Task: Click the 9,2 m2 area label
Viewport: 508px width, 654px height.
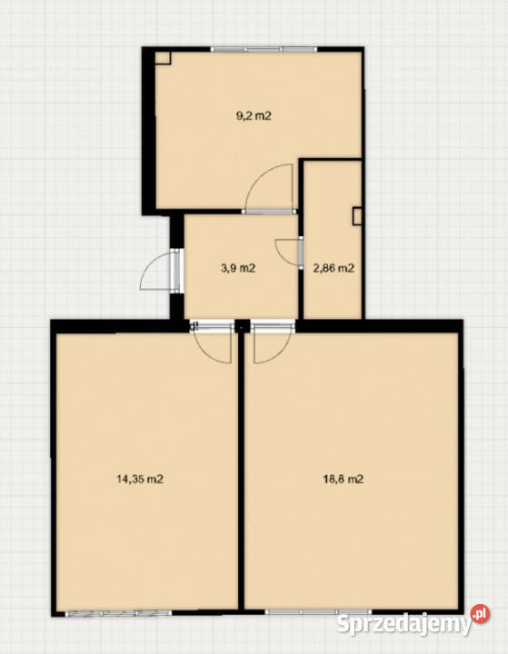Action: (x=254, y=115)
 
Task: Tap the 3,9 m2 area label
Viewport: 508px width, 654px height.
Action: (x=237, y=268)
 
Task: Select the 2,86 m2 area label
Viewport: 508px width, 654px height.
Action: (x=334, y=268)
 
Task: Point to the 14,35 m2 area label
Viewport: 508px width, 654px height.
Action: (x=139, y=480)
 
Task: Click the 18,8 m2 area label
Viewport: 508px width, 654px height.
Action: (x=344, y=480)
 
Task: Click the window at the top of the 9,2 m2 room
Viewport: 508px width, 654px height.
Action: (x=264, y=49)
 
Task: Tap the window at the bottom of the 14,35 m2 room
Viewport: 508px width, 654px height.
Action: (x=118, y=613)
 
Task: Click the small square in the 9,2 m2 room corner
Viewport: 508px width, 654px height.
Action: (x=163, y=57)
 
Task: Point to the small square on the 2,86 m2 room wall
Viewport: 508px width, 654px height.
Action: (x=357, y=216)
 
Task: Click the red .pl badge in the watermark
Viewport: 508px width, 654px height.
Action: (x=480, y=614)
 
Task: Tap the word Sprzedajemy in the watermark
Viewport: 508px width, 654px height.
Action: (x=403, y=624)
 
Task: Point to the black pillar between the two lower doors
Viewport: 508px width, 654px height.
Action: (x=242, y=326)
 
